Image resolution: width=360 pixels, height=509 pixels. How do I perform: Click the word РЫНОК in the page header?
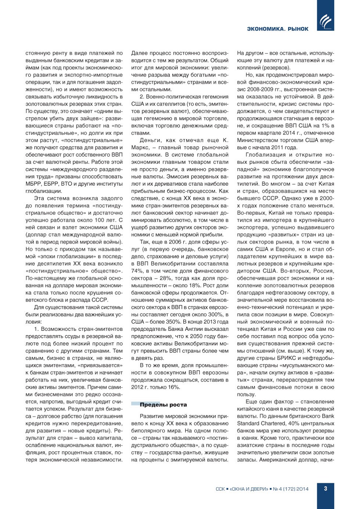pos(298,29)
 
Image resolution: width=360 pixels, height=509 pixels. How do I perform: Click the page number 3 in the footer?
pos(325,488)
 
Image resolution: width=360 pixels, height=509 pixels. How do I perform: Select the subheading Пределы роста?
pos(163,405)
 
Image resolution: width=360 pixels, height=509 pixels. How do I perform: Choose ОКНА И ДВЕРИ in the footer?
pos(249,489)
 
